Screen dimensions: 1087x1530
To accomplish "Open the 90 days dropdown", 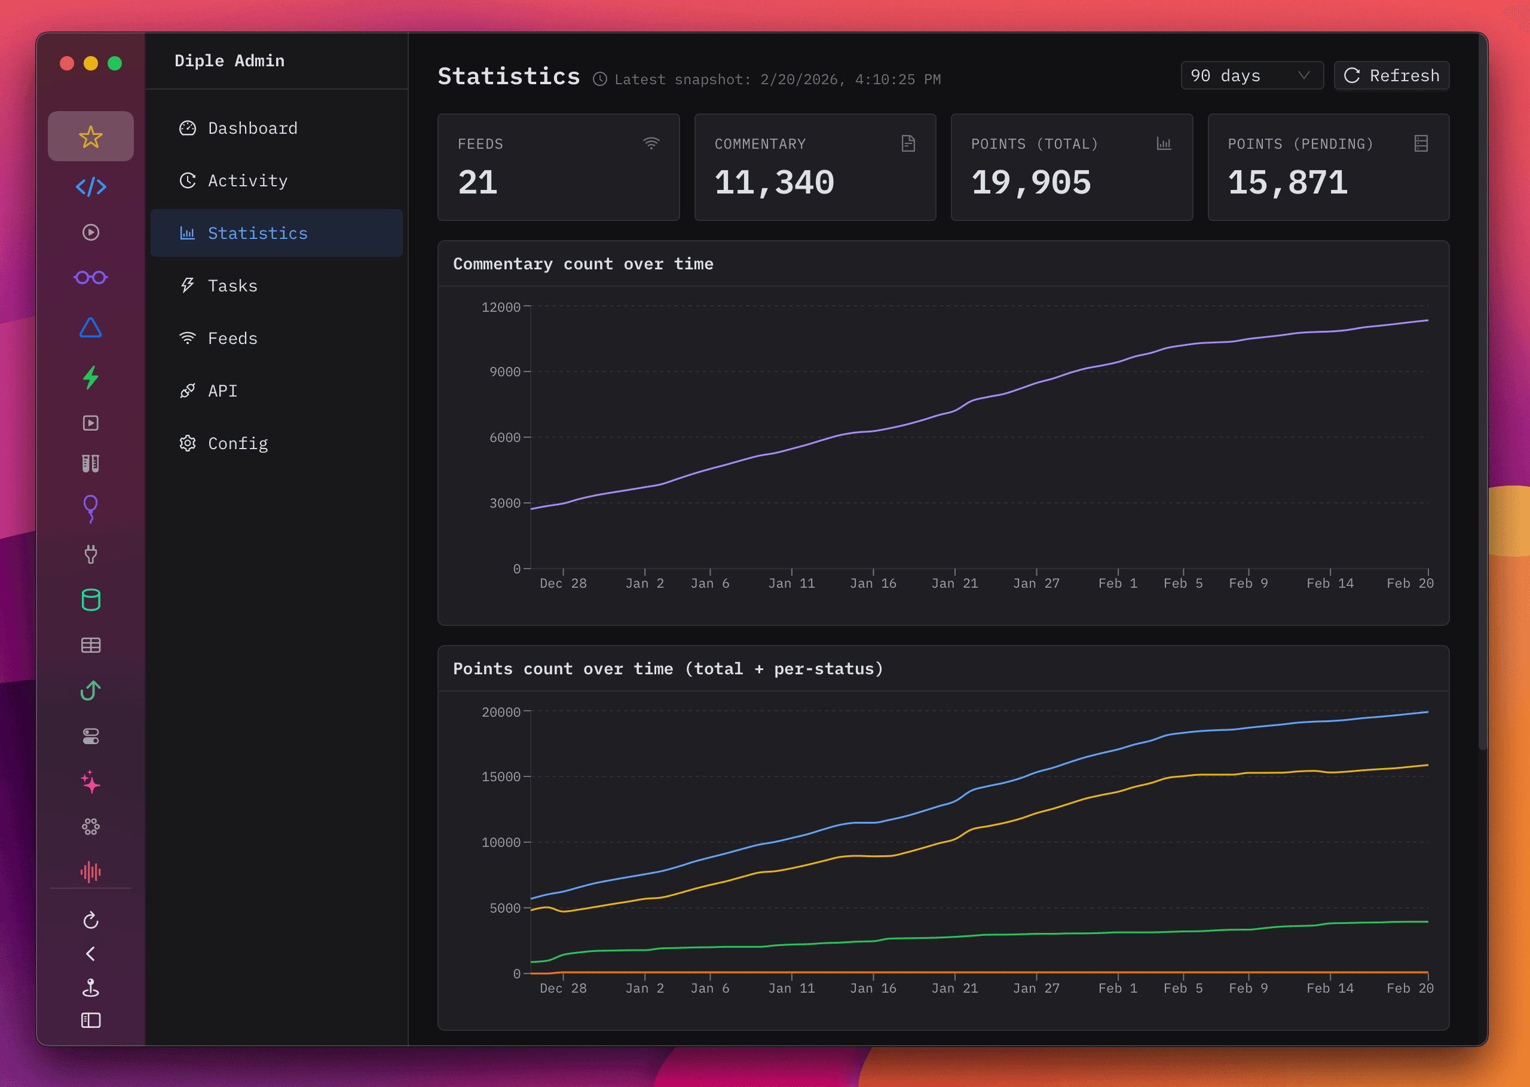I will point(1251,76).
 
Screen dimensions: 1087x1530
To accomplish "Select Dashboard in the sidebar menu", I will point(252,128).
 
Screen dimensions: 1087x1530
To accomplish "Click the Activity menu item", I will point(247,181).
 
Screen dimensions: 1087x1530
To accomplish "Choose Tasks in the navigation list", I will point(232,286).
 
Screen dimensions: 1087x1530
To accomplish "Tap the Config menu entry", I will point(237,443).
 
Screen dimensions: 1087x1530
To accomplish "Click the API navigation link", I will point(222,391).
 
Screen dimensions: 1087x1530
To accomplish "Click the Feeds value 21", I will point(478,183).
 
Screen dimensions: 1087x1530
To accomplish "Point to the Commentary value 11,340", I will point(773,183).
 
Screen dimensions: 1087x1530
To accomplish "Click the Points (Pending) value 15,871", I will point(1287,183).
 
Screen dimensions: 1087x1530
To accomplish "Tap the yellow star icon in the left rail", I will point(90,137).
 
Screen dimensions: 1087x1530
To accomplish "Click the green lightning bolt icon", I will point(90,377).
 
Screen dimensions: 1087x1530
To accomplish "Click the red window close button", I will point(67,63).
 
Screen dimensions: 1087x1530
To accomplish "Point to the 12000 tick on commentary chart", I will point(500,307).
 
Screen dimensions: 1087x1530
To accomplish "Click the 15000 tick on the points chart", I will point(500,776).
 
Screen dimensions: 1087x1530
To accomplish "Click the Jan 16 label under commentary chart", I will point(873,584).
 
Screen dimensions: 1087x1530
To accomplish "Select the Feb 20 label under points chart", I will point(1409,988).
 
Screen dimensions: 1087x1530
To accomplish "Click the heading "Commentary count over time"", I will point(583,264).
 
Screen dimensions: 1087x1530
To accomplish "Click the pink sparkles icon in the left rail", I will point(90,782).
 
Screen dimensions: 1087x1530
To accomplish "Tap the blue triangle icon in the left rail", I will point(90,328).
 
